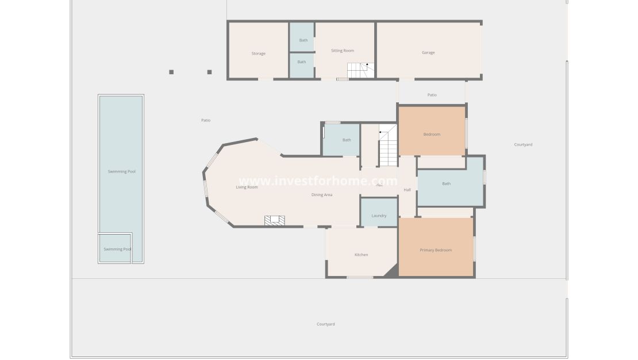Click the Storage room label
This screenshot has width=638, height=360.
(x=258, y=53)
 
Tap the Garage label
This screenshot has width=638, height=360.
(x=428, y=52)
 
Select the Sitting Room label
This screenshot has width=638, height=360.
(x=342, y=51)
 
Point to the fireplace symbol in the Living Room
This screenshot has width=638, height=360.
(x=274, y=220)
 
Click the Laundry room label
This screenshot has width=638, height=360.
(x=379, y=216)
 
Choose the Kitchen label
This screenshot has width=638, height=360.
(x=361, y=254)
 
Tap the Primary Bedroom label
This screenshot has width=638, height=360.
(x=436, y=250)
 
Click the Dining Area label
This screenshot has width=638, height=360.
(x=322, y=195)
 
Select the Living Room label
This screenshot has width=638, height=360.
(x=247, y=187)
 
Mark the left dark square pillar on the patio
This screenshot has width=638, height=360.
(x=171, y=72)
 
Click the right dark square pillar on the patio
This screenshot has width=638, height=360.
(x=209, y=72)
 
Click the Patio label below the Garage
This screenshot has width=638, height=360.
(x=432, y=95)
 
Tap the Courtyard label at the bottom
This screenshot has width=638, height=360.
(x=325, y=324)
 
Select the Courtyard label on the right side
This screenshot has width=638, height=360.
(x=523, y=144)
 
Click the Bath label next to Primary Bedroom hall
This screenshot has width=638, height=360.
(x=446, y=184)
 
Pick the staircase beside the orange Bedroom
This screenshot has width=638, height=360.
(x=388, y=147)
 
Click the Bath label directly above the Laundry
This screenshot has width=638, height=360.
(x=347, y=140)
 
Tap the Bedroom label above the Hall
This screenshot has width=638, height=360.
(x=432, y=135)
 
